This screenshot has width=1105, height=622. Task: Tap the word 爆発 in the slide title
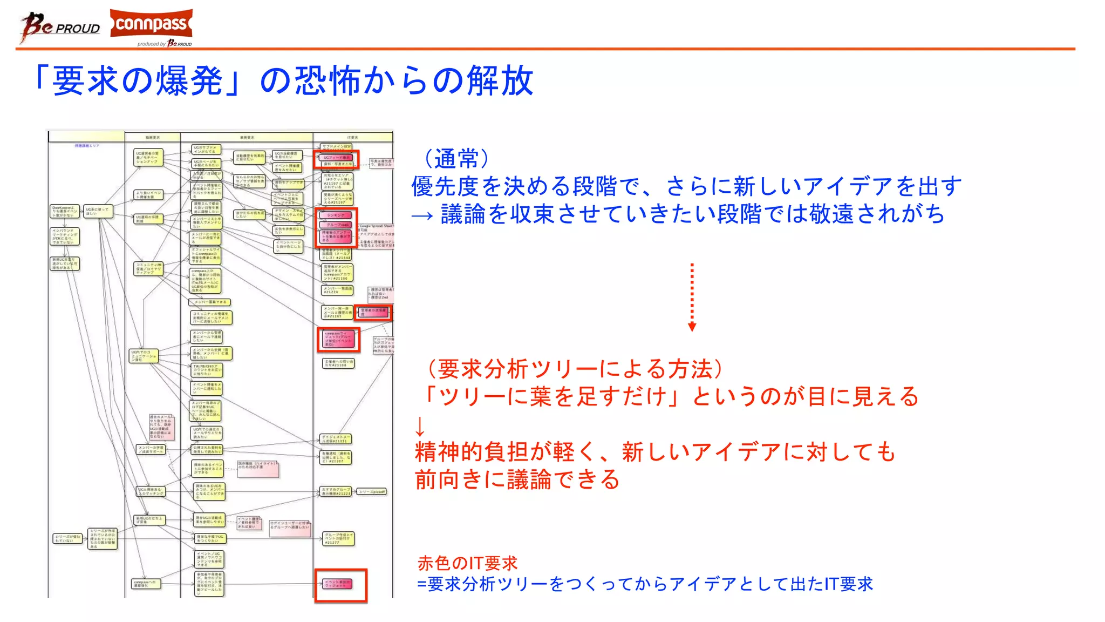point(189,81)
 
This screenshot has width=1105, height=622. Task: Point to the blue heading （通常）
point(456,159)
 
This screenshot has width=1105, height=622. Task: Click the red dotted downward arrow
point(692,297)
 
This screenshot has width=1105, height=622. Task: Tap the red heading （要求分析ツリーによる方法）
point(575,369)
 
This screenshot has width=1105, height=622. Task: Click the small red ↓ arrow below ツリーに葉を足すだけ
point(420,427)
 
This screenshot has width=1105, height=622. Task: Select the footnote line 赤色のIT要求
point(467,563)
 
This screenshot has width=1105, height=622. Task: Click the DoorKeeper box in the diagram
point(64,211)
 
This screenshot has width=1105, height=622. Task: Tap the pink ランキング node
point(336,215)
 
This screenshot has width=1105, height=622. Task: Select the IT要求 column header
point(352,137)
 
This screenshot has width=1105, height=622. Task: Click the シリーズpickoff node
point(372,491)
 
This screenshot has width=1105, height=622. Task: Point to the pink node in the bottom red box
point(338,584)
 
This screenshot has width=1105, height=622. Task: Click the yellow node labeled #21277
point(338,538)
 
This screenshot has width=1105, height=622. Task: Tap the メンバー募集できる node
point(210,302)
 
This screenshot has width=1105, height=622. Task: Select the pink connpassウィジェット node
point(338,339)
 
